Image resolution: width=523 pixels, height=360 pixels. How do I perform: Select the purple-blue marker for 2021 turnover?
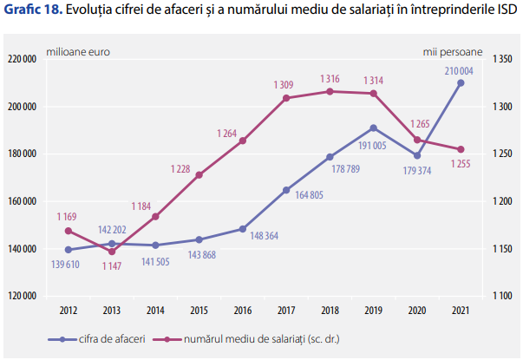[x=461, y=83]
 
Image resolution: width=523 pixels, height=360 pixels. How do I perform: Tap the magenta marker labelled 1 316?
[x=330, y=91]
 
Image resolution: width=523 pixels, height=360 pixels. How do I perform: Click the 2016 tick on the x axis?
[x=243, y=310]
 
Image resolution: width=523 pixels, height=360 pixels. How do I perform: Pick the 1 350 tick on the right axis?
[x=503, y=59]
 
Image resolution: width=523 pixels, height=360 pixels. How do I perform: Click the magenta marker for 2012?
[x=69, y=231]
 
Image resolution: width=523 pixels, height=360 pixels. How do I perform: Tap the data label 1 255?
[x=461, y=163]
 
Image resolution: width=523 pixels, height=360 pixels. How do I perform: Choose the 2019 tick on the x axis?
[x=373, y=310]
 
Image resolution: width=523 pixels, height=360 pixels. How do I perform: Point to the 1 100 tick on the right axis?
[x=503, y=296]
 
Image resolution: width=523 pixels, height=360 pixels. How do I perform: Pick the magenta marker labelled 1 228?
[x=199, y=175]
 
